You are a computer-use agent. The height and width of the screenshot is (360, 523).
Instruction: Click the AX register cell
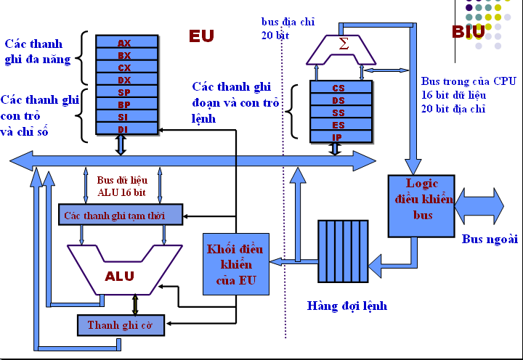point(124,43)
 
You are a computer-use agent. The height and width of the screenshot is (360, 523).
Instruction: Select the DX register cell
point(124,80)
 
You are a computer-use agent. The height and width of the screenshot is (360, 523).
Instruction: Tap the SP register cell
point(124,92)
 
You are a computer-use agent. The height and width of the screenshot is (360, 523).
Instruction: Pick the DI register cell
point(124,129)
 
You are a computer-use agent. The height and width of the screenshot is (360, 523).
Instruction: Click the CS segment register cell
point(338,88)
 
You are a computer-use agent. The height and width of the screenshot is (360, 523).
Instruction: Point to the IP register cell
point(338,136)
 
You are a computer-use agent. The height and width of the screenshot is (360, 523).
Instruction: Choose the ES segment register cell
point(338,124)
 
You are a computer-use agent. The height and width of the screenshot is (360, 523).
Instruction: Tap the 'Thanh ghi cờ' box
point(121,324)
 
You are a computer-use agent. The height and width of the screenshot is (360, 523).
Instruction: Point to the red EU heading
point(202,36)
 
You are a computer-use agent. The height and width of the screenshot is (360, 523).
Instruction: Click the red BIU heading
point(468,31)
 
